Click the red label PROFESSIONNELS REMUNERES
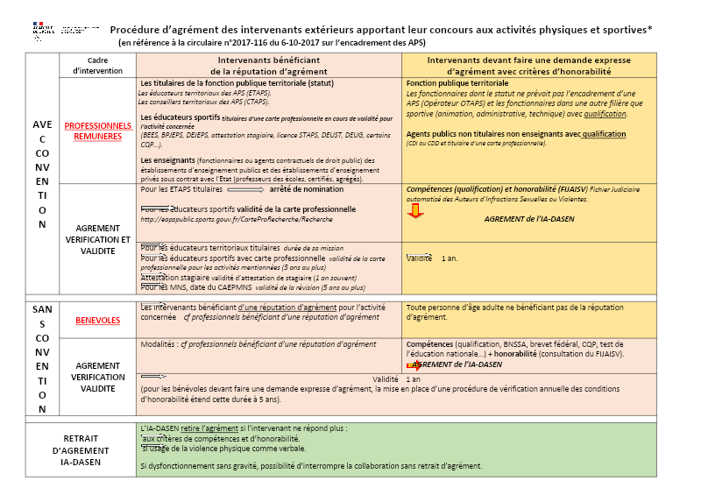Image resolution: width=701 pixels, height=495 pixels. tap(97, 131)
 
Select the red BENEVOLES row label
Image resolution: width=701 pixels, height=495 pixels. tap(97, 321)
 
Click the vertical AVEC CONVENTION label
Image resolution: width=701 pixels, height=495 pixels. tap(42, 175)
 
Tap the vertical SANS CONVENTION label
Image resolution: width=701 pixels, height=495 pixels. tap(42, 358)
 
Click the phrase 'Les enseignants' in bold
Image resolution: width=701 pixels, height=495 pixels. tap(166, 160)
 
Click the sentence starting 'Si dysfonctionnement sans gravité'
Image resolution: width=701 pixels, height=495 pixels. tap(311, 465)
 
